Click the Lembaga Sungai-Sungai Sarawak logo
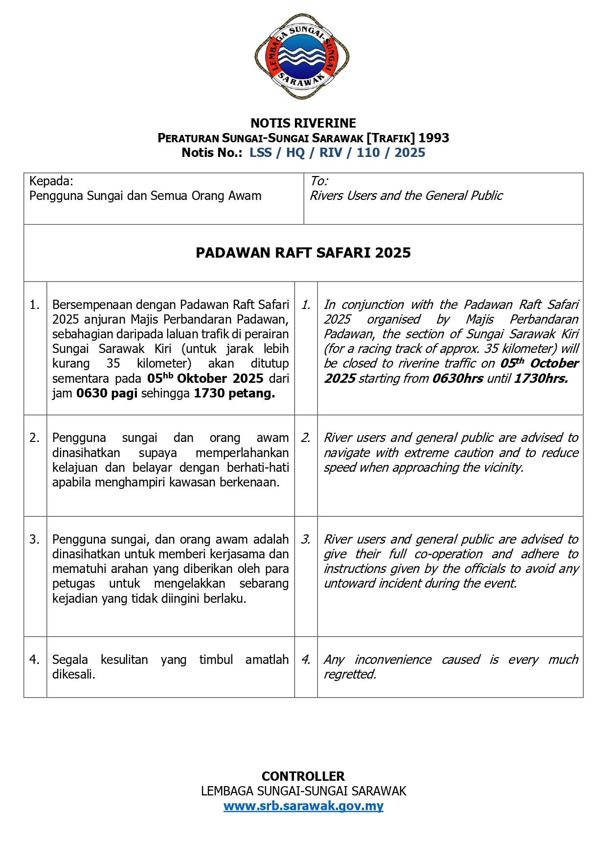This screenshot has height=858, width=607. coord(302,57)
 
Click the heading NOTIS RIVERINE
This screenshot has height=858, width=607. coord(303,123)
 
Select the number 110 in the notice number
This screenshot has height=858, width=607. coord(368,153)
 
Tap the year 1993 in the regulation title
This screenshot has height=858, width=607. coord(433,138)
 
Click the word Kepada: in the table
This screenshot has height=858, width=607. coord(51,181)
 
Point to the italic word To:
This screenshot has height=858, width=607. coord(319,181)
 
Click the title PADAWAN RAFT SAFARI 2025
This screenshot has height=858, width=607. coord(303,253)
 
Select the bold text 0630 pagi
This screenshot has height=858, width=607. coord(107,394)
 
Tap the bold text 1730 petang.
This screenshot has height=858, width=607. coord(234,394)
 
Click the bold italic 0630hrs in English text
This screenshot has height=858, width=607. coord(457,379)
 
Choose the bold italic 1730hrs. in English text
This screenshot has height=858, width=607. coord(541,379)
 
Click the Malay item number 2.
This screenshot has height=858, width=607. coord(35,438)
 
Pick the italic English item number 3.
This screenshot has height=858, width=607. coord(306,539)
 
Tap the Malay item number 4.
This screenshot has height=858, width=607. coord(35,660)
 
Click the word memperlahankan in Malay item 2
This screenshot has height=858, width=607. coord(242,453)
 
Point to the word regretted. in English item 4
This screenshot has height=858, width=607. coord(350,675)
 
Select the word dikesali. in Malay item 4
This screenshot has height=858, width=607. coord(74,675)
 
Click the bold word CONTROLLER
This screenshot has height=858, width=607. coord(303,776)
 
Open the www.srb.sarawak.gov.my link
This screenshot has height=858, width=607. coord(303,806)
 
